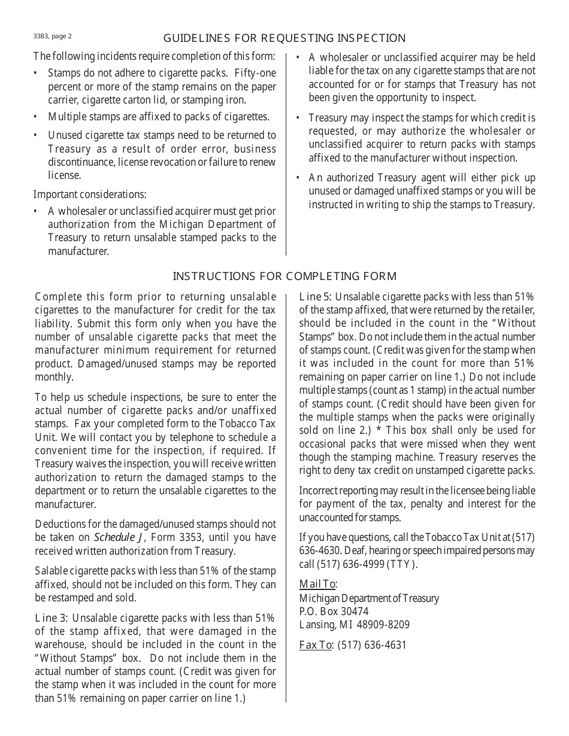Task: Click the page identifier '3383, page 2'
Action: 53,36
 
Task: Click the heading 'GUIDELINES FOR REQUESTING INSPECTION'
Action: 284,38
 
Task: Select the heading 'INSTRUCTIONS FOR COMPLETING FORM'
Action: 284,276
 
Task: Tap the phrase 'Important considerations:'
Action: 90,194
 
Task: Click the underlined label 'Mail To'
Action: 317,584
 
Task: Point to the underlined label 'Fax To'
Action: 316,645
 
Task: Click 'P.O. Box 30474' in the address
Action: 334,612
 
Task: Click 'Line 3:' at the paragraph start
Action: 52,618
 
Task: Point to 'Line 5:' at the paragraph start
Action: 316,297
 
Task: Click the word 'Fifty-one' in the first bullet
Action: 255,73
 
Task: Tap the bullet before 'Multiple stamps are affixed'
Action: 35,117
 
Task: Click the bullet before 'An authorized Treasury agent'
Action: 298,178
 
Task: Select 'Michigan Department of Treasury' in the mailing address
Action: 369,598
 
